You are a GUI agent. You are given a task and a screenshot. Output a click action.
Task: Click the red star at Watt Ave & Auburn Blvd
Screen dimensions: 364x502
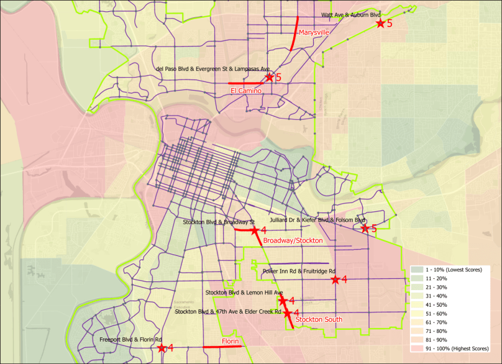click(380, 24)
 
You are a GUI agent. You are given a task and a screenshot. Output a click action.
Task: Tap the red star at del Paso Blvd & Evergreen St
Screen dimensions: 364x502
click(269, 77)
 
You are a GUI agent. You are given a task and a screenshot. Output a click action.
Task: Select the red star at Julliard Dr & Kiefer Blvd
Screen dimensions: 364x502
click(365, 228)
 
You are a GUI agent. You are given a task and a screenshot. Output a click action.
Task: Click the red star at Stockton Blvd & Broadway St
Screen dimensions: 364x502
click(254, 230)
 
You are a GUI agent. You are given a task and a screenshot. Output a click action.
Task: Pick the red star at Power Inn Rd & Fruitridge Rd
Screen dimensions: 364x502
click(335, 280)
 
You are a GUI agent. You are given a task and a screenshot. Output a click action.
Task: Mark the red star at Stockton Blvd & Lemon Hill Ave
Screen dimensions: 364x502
click(283, 301)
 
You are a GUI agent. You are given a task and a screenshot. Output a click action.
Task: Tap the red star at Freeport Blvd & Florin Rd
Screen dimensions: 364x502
click(162, 348)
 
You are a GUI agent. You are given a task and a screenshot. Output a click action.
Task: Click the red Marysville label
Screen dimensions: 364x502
click(313, 32)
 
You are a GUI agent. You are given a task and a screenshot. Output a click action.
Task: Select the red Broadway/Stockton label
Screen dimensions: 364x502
click(293, 240)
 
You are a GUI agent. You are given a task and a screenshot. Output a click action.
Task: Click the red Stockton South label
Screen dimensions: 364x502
click(319, 319)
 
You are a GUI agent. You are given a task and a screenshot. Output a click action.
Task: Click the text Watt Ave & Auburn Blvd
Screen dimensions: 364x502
click(351, 14)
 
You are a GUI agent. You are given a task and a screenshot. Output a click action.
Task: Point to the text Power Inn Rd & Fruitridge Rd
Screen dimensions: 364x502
click(299, 271)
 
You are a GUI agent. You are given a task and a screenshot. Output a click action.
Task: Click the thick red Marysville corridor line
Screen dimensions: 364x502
click(295, 34)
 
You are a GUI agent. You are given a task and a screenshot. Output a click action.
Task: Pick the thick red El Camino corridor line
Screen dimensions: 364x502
click(245, 83)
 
